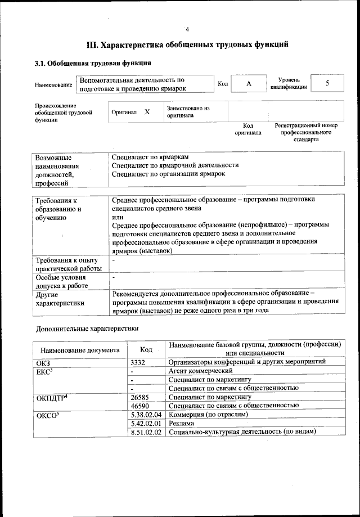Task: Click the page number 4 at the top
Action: pos(187,29)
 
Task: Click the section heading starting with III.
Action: pos(187,44)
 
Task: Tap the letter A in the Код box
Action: pos(248,83)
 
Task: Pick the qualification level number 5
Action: pos(327,83)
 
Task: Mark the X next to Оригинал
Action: pos(147,112)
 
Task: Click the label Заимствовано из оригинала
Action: pos(188,111)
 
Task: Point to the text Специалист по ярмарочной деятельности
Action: pos(175,165)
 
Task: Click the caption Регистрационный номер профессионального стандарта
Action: pos(305,132)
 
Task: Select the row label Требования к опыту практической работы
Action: pos(69,264)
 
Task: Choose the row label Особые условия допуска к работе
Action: pos(61,282)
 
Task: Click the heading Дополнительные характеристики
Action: pos(87,328)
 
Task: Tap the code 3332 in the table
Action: pos(138,362)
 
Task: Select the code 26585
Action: pos(139,397)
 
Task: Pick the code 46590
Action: pos(139,406)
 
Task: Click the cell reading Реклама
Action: pos(182,423)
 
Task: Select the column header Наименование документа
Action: pos(80,349)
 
